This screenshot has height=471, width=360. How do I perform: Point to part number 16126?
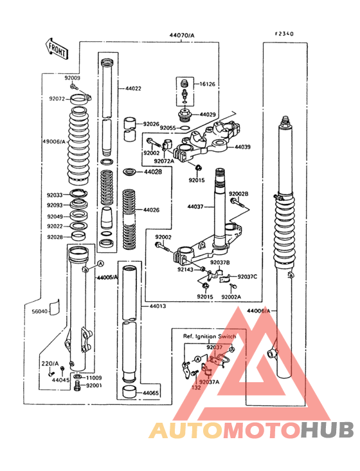208,84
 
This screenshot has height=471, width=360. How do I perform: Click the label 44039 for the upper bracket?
243,147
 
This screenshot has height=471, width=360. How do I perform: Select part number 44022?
133,88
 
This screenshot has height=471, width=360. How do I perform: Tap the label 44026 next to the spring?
151,210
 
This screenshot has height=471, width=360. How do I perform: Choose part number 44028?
152,172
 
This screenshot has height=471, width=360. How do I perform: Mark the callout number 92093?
55,205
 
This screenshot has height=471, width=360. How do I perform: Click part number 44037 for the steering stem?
196,207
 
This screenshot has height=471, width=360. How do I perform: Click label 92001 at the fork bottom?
94,385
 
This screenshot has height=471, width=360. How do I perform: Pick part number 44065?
151,392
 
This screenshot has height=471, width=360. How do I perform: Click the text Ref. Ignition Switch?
210,337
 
